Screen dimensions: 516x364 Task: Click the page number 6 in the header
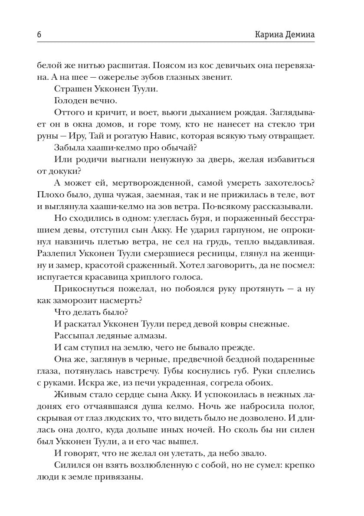tap(33, 35)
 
